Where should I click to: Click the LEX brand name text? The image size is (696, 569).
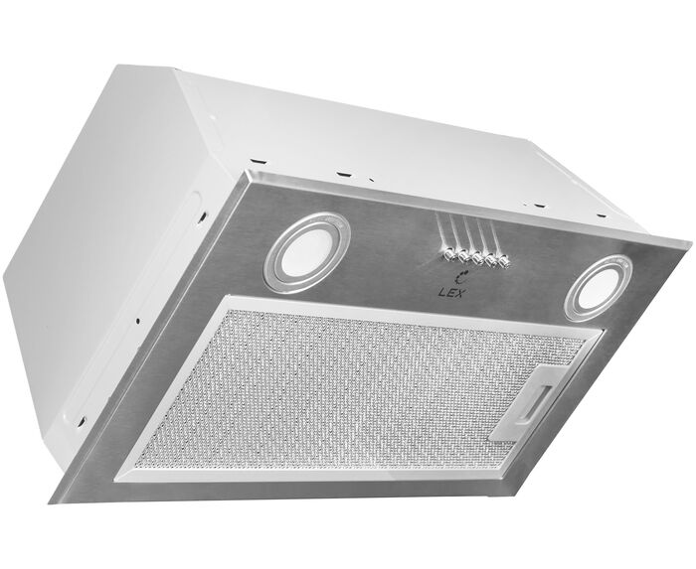450,293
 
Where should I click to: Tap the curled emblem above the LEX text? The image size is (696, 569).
458,277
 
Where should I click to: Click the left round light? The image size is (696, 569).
307,252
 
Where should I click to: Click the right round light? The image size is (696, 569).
599,288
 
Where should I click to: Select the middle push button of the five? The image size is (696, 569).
477,258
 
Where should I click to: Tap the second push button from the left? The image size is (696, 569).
463,256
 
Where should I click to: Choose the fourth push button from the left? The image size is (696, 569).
491,261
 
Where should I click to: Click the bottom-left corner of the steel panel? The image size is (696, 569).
49,502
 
